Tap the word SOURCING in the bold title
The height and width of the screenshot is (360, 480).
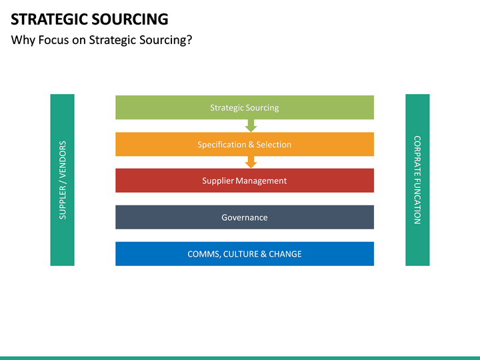(130, 19)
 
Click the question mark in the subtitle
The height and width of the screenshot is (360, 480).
(189, 40)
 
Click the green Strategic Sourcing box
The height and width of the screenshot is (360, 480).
(245, 107)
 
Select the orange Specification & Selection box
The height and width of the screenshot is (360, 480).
(245, 144)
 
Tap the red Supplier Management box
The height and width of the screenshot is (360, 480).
(245, 181)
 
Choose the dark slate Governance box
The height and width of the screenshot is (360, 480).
(245, 217)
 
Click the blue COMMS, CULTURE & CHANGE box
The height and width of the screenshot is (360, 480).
(245, 254)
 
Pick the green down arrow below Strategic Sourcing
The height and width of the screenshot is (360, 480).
(251, 126)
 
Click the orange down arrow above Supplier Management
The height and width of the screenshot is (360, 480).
(251, 162)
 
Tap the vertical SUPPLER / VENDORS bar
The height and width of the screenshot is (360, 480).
(63, 180)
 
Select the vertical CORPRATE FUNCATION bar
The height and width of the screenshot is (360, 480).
(417, 180)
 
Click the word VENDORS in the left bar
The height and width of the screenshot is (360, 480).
(63, 159)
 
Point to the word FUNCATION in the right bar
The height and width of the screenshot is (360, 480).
(417, 201)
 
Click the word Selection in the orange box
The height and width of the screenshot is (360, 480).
(274, 145)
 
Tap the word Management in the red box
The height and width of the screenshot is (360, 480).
(261, 181)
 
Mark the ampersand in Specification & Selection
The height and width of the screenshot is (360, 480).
(251, 145)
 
